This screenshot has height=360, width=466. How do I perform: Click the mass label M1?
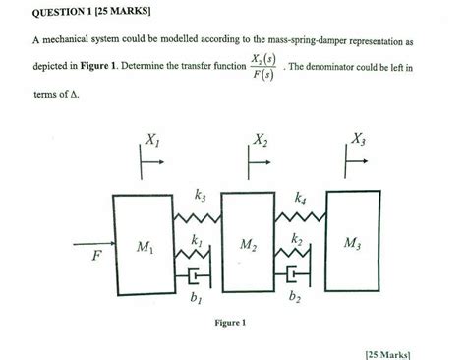[145, 247]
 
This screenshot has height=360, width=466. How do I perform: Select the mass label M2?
[248, 245]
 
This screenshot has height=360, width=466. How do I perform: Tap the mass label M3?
[352, 243]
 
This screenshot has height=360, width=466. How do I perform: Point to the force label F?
[96, 255]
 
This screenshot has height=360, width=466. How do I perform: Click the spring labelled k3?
[197, 217]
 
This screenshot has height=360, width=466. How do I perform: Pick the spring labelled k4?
[300, 216]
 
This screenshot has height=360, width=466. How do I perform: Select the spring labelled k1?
[192, 254]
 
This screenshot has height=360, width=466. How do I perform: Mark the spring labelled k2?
[292, 253]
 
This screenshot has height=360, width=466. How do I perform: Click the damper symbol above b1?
[194, 276]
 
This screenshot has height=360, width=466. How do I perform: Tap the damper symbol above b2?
[292, 274]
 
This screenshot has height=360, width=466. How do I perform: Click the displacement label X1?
[152, 140]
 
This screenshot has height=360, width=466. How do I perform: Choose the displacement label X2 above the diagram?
[261, 140]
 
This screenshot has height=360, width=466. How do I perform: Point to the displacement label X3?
[359, 139]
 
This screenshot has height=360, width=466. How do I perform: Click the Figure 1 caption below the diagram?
[230, 323]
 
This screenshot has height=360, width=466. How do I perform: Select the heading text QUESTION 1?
[62, 12]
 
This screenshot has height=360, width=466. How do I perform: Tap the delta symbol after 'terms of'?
[74, 95]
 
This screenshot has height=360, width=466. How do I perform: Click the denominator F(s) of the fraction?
[263, 75]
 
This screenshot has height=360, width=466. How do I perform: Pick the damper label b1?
[196, 297]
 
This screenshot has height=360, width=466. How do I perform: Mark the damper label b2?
[295, 296]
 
